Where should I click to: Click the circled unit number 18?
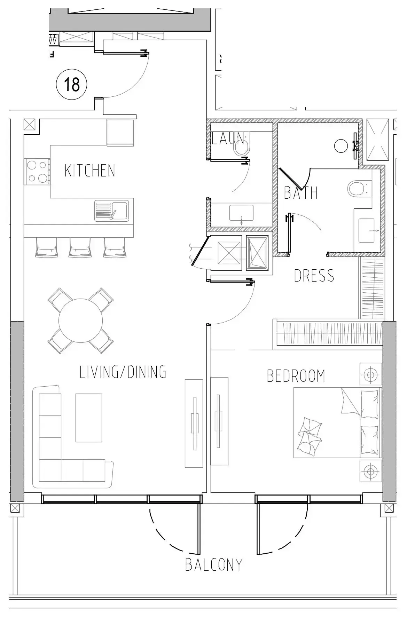tap(72, 84)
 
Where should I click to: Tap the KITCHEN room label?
tap(90, 171)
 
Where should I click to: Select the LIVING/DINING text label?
tap(123, 372)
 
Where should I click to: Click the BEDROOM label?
tap(296, 376)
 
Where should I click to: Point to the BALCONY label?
tap(213, 564)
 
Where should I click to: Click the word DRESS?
tap(314, 276)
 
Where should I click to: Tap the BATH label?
tap(301, 193)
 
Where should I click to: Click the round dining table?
tap(81, 321)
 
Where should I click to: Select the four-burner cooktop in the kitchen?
tap(37, 172)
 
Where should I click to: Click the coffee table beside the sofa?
tap(89, 418)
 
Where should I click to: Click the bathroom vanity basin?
tap(367, 230)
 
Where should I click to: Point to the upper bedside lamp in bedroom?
tap(370, 374)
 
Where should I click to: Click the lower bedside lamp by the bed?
tap(370, 471)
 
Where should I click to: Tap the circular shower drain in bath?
tap(341, 146)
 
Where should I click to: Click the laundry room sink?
tap(241, 213)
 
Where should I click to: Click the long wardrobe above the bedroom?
tap(329, 334)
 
